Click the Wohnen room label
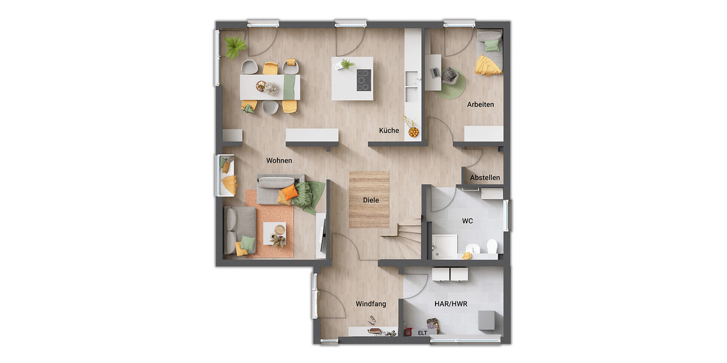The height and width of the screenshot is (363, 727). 279,161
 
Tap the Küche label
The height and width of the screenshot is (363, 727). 389,131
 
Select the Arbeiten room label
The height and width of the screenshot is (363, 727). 480,105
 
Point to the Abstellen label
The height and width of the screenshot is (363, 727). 485,178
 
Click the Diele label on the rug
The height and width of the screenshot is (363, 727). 371,200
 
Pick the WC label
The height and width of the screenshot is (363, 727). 467,221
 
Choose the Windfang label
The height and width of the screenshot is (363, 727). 371,304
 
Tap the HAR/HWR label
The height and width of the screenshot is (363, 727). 451,304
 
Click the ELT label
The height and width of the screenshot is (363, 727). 423,332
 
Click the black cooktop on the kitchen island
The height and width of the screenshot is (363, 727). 363,79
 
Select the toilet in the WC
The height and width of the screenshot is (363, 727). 491,246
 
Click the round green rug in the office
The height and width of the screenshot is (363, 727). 451,85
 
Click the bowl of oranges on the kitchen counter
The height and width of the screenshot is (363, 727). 414,131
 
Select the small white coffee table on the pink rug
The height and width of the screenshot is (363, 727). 276,233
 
